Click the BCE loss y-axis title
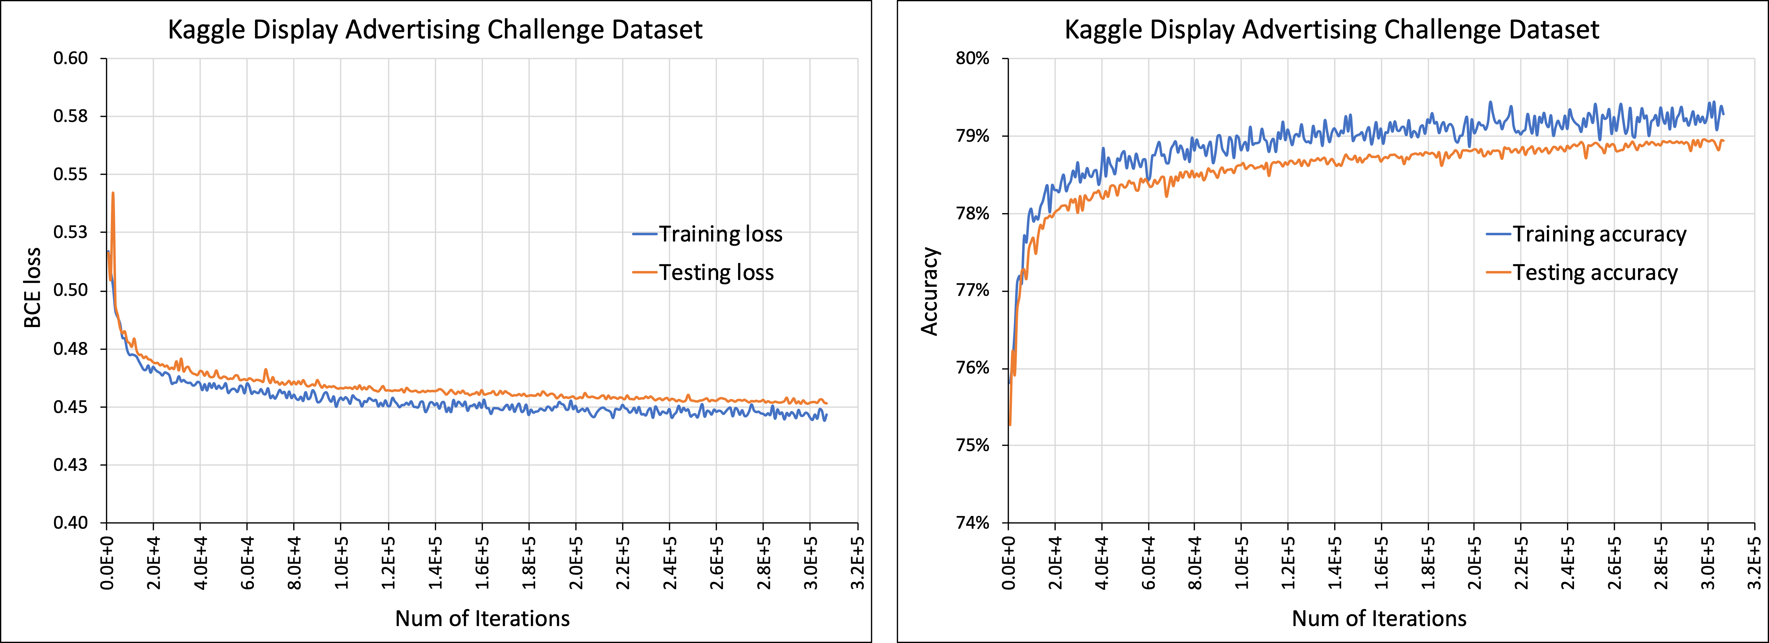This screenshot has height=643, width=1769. (x=32, y=288)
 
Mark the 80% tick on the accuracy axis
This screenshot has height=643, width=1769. (x=972, y=58)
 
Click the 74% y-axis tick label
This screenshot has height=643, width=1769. (x=972, y=523)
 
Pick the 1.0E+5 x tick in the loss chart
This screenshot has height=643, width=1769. (x=341, y=563)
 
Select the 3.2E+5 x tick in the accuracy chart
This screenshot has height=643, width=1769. (x=1754, y=563)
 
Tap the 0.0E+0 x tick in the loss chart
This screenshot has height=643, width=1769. (x=107, y=563)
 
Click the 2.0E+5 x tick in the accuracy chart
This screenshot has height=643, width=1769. (x=1474, y=563)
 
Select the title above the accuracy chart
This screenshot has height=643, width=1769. (x=1332, y=29)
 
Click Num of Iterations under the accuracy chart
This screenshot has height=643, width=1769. (x=1379, y=618)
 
